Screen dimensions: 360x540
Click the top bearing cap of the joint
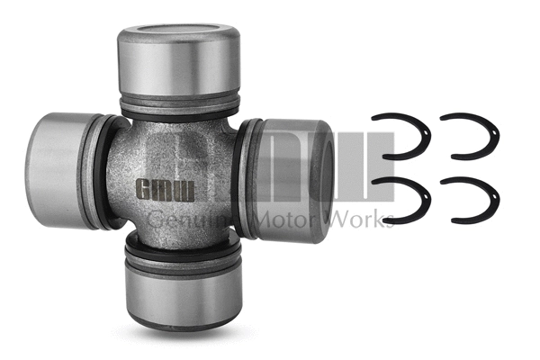[179, 63]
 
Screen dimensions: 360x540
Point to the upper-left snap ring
[403, 135]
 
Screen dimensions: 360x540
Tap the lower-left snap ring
[403, 199]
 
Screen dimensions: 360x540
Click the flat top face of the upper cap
[179, 35]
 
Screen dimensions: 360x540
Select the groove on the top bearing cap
[179, 96]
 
